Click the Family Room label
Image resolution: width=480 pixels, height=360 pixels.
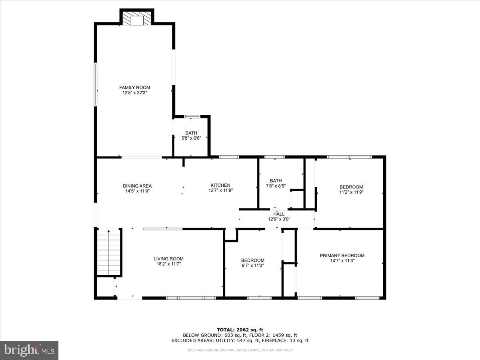coord(134,87)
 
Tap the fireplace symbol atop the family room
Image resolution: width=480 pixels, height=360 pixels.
coord(137,19)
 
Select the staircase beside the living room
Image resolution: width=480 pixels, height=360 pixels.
coord(109,252)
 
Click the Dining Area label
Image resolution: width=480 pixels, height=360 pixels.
coord(137,186)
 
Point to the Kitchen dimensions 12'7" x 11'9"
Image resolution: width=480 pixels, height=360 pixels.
coord(220,190)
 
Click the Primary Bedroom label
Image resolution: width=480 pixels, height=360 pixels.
coord(342,256)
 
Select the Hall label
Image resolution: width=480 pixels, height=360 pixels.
coord(279,214)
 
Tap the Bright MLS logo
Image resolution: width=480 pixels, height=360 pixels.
coord(29,350)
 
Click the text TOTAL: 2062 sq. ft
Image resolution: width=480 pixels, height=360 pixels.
coord(240,330)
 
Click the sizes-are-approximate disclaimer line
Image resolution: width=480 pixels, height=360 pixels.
coord(240,350)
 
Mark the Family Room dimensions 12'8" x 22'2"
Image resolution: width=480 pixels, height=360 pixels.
coord(134,92)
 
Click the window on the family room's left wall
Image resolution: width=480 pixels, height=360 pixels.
coord(96,84)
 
